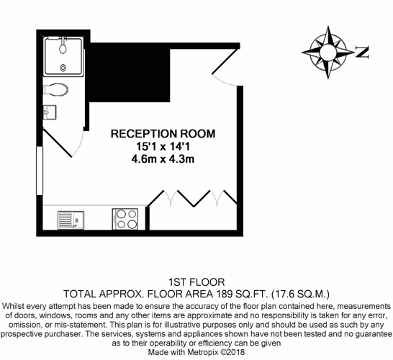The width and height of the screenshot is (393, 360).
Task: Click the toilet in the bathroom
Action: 55,89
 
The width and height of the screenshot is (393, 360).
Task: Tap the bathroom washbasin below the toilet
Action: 50,112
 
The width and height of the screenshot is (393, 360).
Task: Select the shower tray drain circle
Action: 63,68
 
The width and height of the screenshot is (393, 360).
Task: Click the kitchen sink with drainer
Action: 71,220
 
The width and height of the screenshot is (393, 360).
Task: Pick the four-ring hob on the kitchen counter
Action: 125,219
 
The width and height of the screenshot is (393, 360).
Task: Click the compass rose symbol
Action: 328,52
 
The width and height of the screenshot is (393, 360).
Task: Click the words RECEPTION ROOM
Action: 163,134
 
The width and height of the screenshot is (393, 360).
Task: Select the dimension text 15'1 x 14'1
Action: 163,146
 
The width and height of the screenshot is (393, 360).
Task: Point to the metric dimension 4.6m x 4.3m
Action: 163,159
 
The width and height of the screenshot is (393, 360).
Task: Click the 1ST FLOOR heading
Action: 196,282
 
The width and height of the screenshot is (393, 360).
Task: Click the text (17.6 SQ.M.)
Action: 301,294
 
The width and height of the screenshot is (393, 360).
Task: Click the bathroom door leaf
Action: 58,143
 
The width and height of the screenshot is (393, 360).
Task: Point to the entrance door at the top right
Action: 226,61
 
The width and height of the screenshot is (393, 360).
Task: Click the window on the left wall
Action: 40,171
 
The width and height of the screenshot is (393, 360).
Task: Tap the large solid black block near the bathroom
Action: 130,72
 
